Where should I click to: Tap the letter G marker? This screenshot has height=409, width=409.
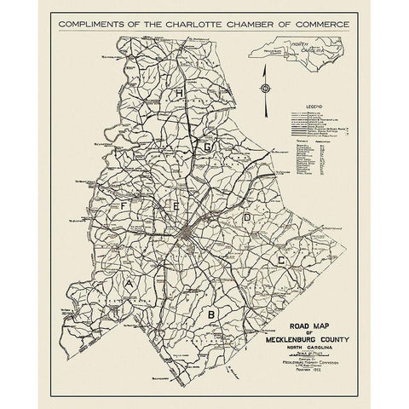click(x=206, y=147)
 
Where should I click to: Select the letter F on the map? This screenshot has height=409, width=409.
click(x=124, y=206)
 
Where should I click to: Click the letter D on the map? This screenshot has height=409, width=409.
click(x=248, y=218)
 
